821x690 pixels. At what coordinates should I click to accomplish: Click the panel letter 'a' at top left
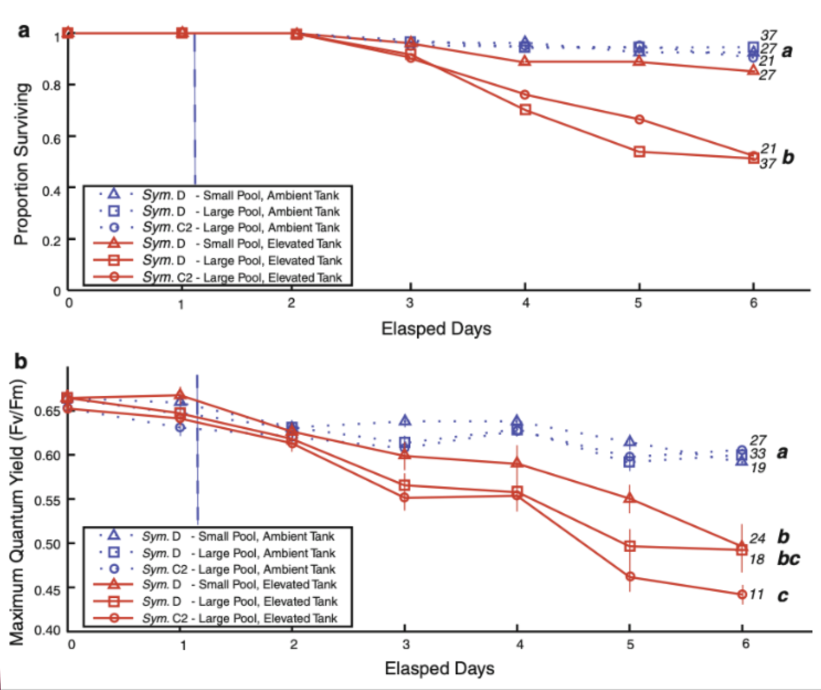click(24, 30)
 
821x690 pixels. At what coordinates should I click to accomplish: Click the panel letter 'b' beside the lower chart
click(20, 361)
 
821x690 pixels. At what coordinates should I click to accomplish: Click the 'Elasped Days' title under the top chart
click(436, 328)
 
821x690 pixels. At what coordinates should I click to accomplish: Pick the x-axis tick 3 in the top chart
click(410, 303)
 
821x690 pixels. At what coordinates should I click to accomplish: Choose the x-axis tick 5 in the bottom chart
click(630, 644)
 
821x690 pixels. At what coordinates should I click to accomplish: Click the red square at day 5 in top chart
click(639, 152)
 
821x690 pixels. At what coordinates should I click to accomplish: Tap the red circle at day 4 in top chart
click(525, 95)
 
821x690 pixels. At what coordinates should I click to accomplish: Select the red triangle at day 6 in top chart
click(753, 70)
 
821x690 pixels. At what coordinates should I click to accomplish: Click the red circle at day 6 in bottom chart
click(742, 594)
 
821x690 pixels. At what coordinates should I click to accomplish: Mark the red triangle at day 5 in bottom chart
click(629, 498)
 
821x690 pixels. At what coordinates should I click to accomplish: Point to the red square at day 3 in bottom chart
click(405, 485)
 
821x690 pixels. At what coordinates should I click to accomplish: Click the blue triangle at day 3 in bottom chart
click(405, 421)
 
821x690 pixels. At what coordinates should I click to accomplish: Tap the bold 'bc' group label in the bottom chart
click(788, 559)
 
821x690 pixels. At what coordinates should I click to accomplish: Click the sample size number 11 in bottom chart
click(756, 594)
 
